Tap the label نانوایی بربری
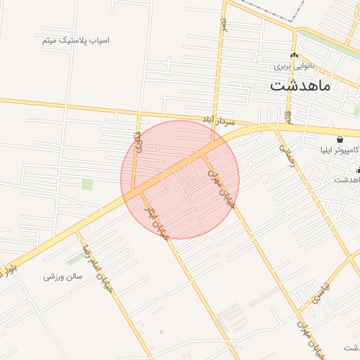coord(295,66)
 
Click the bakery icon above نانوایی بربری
coord(294,55)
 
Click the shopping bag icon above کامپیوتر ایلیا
coord(340,139)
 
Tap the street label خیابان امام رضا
coord(97,262)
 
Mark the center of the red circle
coord(180,179)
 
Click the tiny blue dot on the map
coord(161,331)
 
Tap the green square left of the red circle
coord(87,184)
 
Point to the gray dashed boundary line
coord(271,13)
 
